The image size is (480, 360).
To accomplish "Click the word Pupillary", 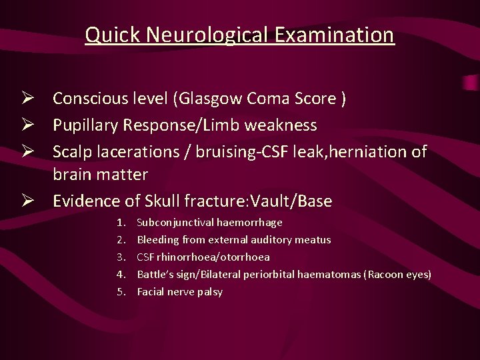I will (85, 125).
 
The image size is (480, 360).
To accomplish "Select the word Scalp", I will (71, 152).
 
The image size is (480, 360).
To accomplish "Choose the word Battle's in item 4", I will (153, 274).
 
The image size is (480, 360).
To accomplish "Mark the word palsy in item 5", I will (209, 291).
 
